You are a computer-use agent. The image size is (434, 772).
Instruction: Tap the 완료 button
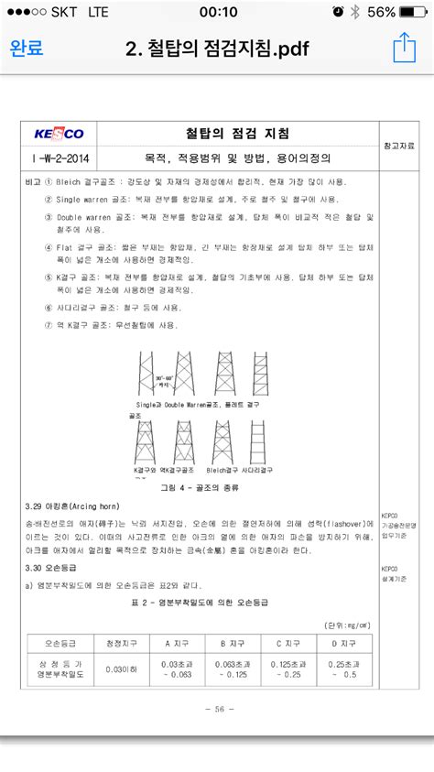27,49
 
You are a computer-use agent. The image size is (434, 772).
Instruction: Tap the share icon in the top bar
404,48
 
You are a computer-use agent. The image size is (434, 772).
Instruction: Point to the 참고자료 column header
398,146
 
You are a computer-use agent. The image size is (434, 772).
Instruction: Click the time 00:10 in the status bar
217,11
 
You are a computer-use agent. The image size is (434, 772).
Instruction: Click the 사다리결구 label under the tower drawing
256,469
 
